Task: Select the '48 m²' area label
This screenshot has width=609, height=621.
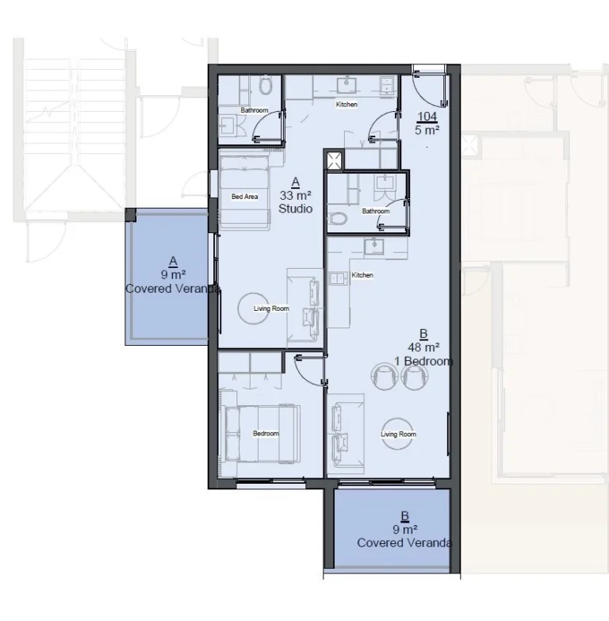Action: tap(423, 347)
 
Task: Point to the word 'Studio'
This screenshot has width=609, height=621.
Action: tap(296, 209)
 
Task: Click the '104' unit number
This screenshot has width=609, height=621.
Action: tap(427, 117)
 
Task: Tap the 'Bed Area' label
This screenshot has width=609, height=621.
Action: tap(244, 197)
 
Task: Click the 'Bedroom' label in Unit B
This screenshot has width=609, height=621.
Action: tap(266, 433)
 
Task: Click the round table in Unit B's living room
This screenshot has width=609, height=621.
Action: tap(399, 433)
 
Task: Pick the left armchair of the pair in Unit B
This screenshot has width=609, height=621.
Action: tap(386, 375)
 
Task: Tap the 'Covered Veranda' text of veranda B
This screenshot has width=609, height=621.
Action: tap(404, 543)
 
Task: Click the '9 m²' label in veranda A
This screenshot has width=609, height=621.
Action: tap(173, 274)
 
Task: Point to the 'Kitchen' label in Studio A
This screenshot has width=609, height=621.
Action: tap(347, 105)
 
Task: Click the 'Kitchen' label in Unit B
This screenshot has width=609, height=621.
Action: tap(362, 275)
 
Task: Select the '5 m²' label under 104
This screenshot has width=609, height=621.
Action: tap(427, 130)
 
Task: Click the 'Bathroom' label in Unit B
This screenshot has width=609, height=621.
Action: tap(376, 211)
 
